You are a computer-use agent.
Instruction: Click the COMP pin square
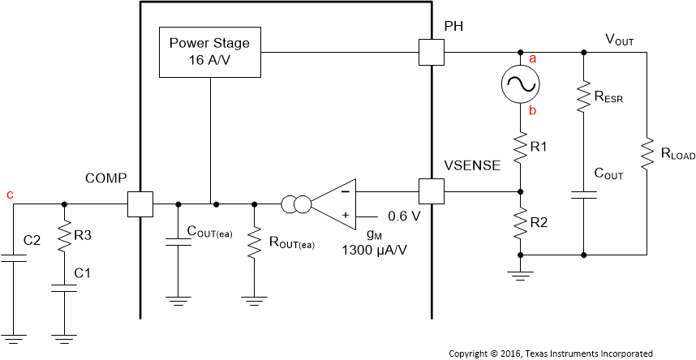coord(140,204)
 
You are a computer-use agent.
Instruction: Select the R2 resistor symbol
coord(519,221)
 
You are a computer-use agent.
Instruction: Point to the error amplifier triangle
coord(336,204)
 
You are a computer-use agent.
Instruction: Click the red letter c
coord(10,195)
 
